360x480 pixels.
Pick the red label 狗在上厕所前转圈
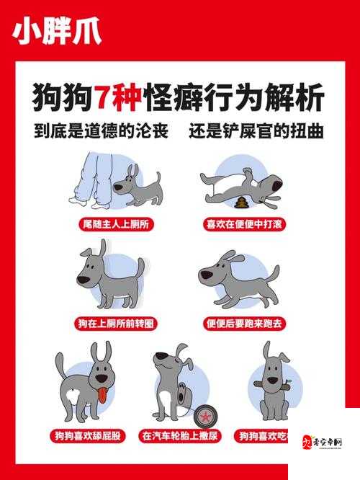point(114,322)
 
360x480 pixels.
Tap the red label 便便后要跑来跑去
point(240,322)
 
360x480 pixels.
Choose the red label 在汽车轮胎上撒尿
point(180,435)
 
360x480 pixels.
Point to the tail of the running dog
point(272,272)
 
